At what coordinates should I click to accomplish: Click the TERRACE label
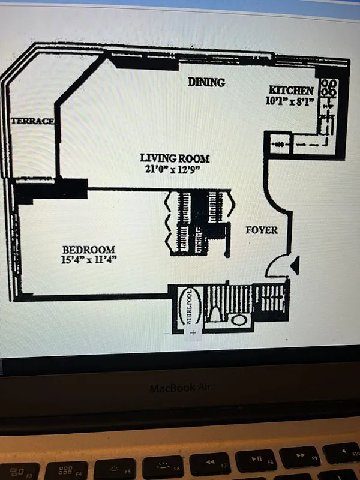[x=32, y=121]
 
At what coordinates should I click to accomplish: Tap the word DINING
[x=206, y=82]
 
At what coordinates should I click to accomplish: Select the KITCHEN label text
[x=291, y=90]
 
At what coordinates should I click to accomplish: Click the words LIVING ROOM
[x=175, y=158]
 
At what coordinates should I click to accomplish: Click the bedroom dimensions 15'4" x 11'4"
[x=89, y=260]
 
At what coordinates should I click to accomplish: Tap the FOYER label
[x=262, y=230]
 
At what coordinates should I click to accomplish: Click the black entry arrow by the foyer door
[x=294, y=265]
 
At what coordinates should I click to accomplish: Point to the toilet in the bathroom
[x=215, y=314]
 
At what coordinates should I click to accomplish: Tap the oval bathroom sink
[x=239, y=320]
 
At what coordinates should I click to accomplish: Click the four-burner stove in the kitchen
[x=328, y=88]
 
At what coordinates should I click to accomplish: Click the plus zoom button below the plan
[x=193, y=332]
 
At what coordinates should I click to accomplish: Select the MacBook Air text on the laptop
[x=179, y=388]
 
